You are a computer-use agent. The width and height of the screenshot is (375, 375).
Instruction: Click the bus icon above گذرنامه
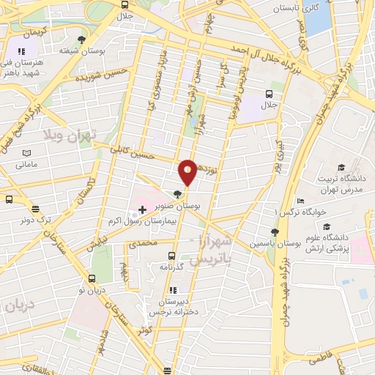click(171, 256)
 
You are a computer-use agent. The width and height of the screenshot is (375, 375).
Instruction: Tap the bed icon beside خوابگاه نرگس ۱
click(300, 201)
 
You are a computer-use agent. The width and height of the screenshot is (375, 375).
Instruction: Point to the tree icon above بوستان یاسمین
click(275, 232)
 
